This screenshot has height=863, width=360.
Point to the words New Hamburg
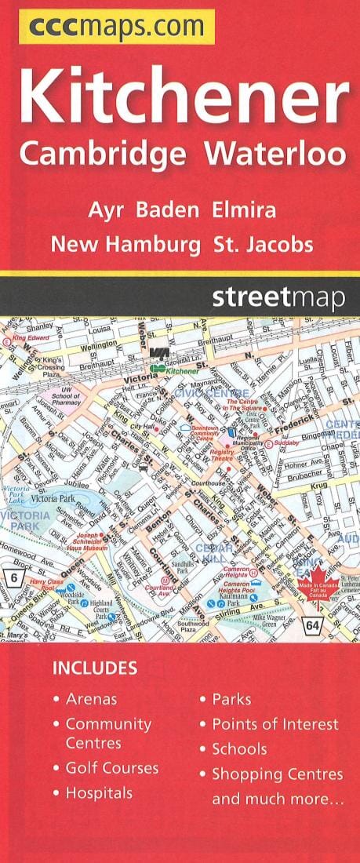click(125, 244)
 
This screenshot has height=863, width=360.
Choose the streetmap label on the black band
click(278, 298)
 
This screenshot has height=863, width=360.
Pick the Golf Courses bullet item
click(111, 767)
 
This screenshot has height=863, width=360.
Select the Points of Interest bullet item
click(275, 723)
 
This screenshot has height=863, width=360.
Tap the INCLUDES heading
click(94, 668)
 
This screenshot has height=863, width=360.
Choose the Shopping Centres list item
click(277, 774)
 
